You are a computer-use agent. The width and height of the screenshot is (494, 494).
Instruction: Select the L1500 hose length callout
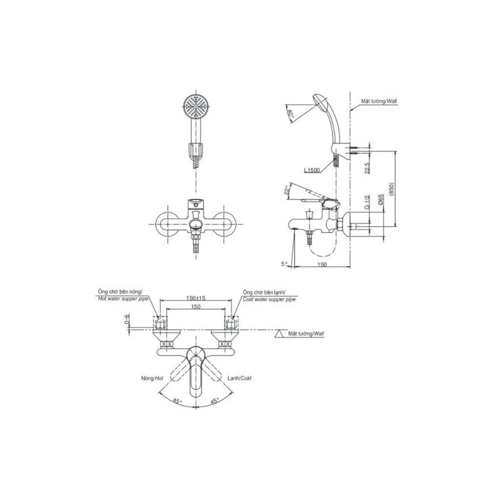(x=312, y=171)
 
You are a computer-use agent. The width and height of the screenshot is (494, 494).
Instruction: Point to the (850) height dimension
(x=392, y=189)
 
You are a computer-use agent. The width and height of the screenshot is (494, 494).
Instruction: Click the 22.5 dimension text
(x=367, y=167)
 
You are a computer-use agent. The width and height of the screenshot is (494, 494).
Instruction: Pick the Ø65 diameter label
(x=381, y=200)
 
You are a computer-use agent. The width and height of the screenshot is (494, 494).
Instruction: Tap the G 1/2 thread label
(x=367, y=202)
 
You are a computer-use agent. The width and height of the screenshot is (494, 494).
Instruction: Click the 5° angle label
(x=285, y=264)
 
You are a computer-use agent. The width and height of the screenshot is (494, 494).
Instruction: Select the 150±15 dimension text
(x=196, y=298)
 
